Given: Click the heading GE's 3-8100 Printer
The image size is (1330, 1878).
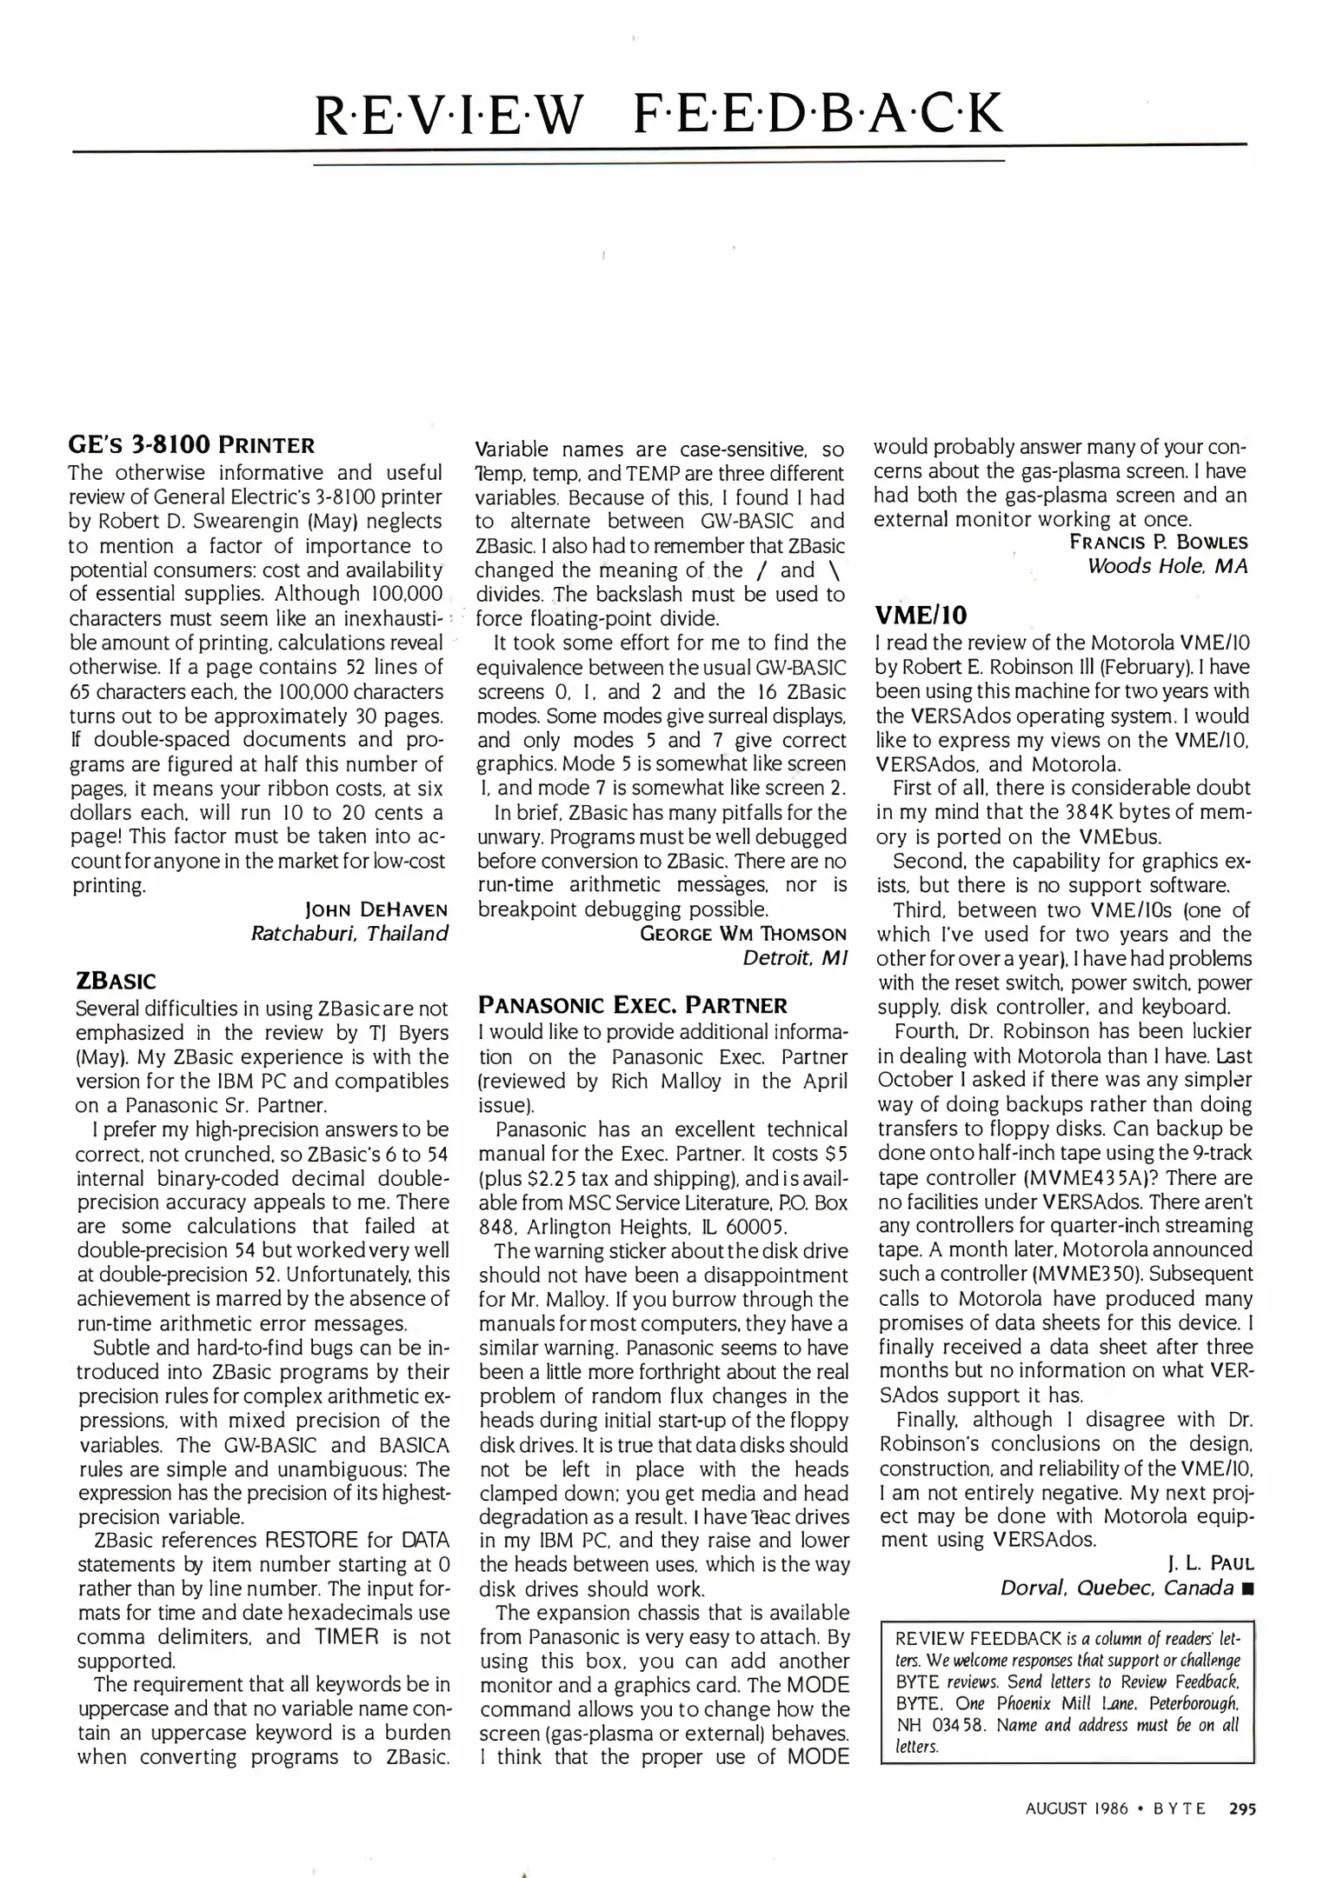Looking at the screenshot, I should coord(191,445).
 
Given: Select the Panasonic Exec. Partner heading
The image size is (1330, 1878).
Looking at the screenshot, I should coord(632,1006).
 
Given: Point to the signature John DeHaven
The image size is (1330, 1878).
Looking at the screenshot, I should coord(376,909).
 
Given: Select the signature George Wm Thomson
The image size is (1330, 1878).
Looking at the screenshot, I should coord(743,934).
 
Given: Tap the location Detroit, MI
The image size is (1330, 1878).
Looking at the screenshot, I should coord(795,958).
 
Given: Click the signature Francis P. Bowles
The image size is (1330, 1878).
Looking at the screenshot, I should coord(1158,543).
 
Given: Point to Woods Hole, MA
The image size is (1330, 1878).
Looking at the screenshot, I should coord(1167,566).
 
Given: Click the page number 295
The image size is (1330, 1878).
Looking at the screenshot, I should coord(1242,1808).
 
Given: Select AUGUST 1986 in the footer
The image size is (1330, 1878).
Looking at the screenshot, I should coord(1076,1808).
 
